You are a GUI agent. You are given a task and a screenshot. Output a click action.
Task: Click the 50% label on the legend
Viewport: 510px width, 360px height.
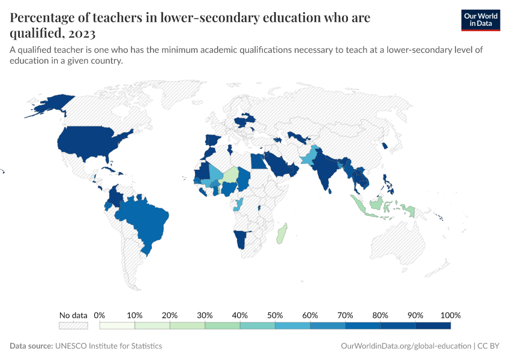pyautogui.click(x=275, y=315)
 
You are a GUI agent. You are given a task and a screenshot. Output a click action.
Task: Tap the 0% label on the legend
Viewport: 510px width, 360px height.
pyautogui.click(x=100, y=315)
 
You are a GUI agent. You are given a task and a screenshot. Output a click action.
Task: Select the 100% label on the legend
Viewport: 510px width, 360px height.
pyautogui.click(x=450, y=315)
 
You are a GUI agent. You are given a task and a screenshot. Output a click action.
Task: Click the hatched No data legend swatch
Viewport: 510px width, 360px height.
pyautogui.click(x=73, y=326)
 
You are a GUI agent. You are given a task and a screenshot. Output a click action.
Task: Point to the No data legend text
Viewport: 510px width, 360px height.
pyautogui.click(x=73, y=315)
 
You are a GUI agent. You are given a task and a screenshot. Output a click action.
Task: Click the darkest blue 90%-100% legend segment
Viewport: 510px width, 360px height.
pyautogui.click(x=433, y=326)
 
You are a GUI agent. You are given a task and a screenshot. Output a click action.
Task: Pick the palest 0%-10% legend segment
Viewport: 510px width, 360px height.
pyautogui.click(x=117, y=326)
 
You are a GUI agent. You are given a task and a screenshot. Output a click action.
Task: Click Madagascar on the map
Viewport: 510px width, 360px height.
pyautogui.click(x=282, y=234)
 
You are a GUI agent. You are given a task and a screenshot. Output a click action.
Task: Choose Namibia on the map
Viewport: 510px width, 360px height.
pyautogui.click(x=241, y=241)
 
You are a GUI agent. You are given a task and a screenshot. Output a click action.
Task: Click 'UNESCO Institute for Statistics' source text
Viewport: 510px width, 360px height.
pyautogui.click(x=109, y=346)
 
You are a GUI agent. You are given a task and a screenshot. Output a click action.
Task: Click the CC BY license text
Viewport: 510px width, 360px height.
pyautogui.click(x=488, y=346)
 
